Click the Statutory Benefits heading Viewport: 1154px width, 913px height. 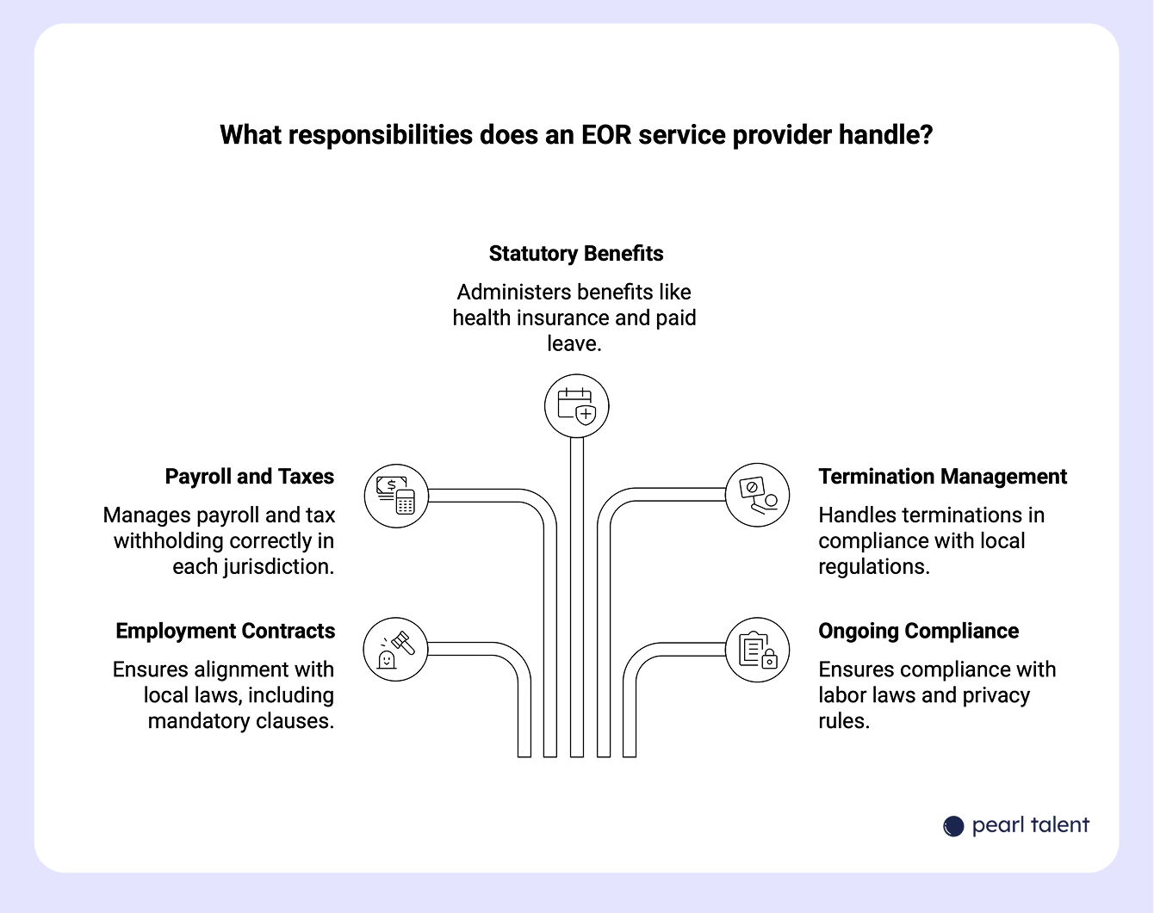(576, 254)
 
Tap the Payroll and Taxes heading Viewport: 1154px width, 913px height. (249, 477)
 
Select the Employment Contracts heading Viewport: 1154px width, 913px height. (225, 631)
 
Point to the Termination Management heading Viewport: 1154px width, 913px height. (942, 477)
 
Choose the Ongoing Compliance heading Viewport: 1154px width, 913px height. (918, 631)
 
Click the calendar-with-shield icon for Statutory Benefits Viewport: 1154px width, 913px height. (577, 406)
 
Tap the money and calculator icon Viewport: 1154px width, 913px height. (396, 496)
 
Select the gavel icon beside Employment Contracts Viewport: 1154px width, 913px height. (396, 650)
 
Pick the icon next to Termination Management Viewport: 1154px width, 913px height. (757, 496)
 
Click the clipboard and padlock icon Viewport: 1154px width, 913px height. (757, 650)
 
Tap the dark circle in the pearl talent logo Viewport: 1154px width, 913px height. (953, 826)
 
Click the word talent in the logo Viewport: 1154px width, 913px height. (1056, 825)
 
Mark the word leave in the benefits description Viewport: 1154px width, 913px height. (573, 344)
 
